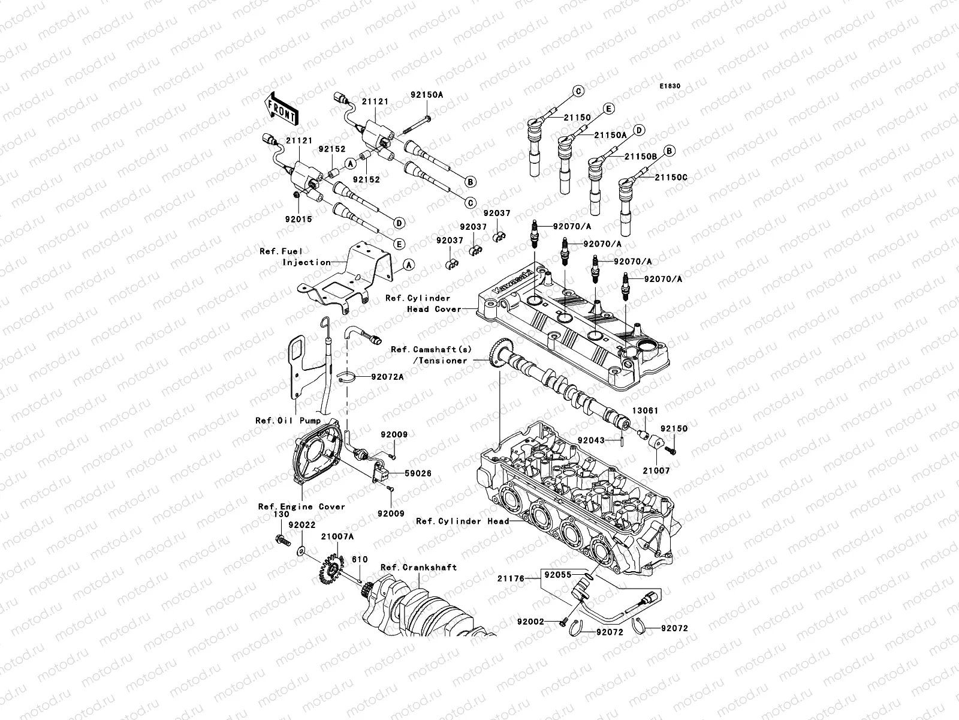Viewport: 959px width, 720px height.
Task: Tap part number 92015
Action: pyautogui.click(x=298, y=220)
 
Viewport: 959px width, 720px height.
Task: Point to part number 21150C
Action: pyautogui.click(x=671, y=178)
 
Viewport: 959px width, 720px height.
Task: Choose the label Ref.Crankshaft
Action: pyautogui.click(x=418, y=567)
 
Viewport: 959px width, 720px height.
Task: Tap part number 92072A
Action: pyautogui.click(x=387, y=377)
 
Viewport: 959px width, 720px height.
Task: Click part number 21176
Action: pyautogui.click(x=511, y=579)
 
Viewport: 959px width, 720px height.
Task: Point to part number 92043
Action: pyautogui.click(x=590, y=440)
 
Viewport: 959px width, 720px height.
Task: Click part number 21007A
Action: pyautogui.click(x=337, y=536)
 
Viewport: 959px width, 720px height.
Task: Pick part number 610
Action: pyautogui.click(x=360, y=559)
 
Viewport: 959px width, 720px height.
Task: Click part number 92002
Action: pyautogui.click(x=531, y=622)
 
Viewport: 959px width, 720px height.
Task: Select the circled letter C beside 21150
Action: pyautogui.click(x=579, y=91)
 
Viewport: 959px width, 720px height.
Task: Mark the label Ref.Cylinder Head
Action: pyautogui.click(x=462, y=521)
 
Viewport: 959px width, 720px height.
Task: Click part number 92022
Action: pyautogui.click(x=301, y=524)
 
